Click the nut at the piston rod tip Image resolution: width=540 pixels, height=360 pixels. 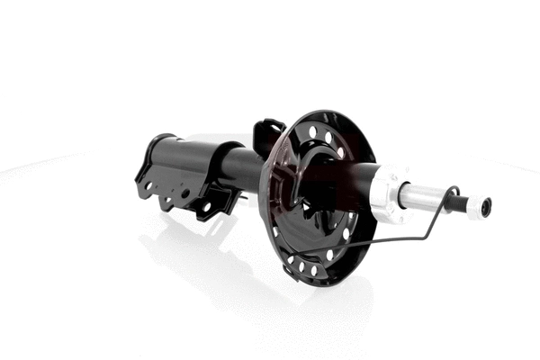(x=484, y=207)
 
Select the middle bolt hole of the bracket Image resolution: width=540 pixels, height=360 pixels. (x=185, y=193)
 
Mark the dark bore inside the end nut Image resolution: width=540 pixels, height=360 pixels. (x=488, y=207)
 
